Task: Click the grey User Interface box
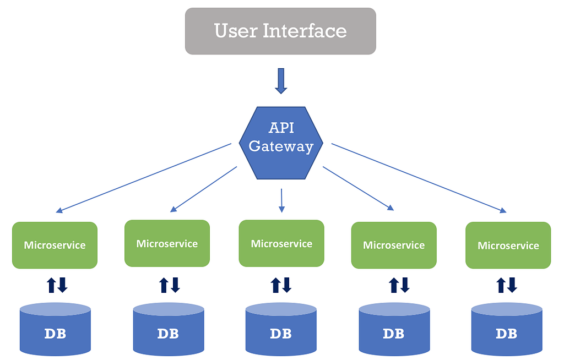pyautogui.click(x=280, y=31)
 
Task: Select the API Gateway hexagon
pyautogui.click(x=281, y=143)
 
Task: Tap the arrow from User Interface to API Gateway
pyautogui.click(x=281, y=81)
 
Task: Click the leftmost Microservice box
pyautogui.click(x=55, y=245)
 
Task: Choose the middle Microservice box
pyautogui.click(x=281, y=243)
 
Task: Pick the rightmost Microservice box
pyautogui.click(x=508, y=246)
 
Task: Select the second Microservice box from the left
pyautogui.click(x=167, y=243)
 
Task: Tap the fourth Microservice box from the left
pyautogui.click(x=394, y=245)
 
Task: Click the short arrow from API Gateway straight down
pyautogui.click(x=281, y=200)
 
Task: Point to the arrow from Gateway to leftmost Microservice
pyautogui.click(x=143, y=178)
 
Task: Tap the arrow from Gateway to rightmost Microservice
pyautogui.click(x=419, y=178)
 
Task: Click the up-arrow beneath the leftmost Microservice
pyautogui.click(x=51, y=285)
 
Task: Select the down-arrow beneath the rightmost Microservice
pyautogui.click(x=512, y=285)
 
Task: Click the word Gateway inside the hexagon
pyautogui.click(x=281, y=146)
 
